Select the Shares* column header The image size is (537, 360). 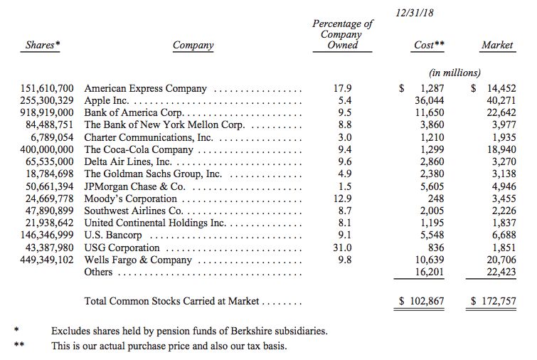[x=43, y=46]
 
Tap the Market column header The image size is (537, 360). [x=497, y=46]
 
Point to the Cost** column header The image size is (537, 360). [x=430, y=46]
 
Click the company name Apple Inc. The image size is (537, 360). [x=107, y=102]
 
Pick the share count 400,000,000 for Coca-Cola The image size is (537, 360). [x=48, y=150]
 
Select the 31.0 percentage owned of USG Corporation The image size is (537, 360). [x=343, y=248]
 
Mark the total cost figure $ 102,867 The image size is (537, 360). [x=422, y=302]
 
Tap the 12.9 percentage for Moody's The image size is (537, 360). [x=343, y=198]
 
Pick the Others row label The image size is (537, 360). [x=99, y=272]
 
